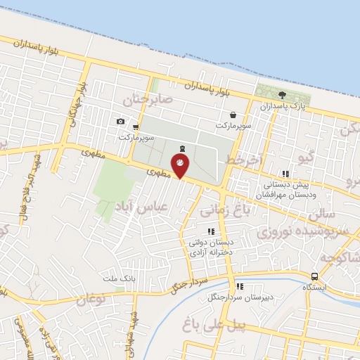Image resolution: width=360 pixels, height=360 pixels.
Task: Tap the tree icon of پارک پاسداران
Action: click(x=282, y=96)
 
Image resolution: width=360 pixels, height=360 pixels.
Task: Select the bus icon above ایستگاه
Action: click(x=314, y=276)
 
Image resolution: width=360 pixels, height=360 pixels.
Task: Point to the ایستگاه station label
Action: click(x=314, y=288)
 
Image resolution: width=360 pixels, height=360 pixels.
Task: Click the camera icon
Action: click(x=120, y=122)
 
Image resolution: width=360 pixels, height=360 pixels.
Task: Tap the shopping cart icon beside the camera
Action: click(x=135, y=127)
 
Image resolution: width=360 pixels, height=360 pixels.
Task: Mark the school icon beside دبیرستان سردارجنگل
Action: click(x=240, y=286)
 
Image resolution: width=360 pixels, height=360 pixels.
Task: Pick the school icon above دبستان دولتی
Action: click(x=210, y=231)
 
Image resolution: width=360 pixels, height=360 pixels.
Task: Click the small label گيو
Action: click(x=306, y=157)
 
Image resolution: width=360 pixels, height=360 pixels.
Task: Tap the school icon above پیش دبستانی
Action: click(x=284, y=174)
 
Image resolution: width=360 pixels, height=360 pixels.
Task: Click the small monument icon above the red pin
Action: click(x=183, y=148)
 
